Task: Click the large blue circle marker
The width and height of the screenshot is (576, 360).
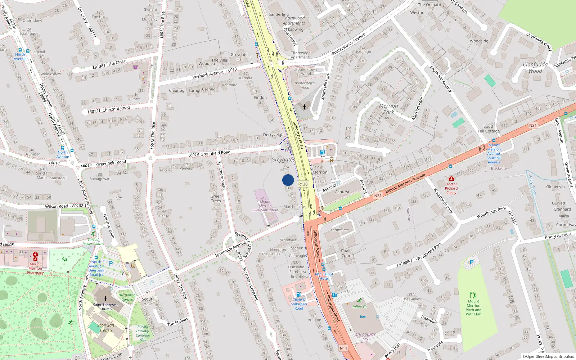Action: point(288,180)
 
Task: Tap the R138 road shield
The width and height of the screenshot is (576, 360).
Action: point(303,184)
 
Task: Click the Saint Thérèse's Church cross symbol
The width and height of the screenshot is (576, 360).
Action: point(105,298)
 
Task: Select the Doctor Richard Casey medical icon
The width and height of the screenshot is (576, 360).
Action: point(451,179)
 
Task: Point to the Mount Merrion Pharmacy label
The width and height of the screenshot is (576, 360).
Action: point(35,268)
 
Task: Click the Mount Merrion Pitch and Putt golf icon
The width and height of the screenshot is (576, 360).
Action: point(473,295)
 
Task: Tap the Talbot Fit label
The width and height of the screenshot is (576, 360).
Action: point(359,307)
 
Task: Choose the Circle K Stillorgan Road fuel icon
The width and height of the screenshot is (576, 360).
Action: point(298,294)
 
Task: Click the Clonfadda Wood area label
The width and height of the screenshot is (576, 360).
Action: point(535,68)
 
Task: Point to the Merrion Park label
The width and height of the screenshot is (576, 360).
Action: point(388,109)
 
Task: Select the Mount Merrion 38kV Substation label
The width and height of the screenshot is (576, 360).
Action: point(265,206)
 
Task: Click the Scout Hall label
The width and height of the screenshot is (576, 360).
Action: point(147,301)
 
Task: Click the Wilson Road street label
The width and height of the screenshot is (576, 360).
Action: point(57,207)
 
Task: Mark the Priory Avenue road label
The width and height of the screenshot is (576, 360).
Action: point(558,236)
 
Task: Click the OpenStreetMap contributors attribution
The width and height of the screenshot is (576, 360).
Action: point(548,356)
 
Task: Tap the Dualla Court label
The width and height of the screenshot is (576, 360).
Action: point(347,253)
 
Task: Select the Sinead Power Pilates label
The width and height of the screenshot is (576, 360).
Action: point(93,242)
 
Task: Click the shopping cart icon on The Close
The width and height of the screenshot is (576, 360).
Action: point(136,67)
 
